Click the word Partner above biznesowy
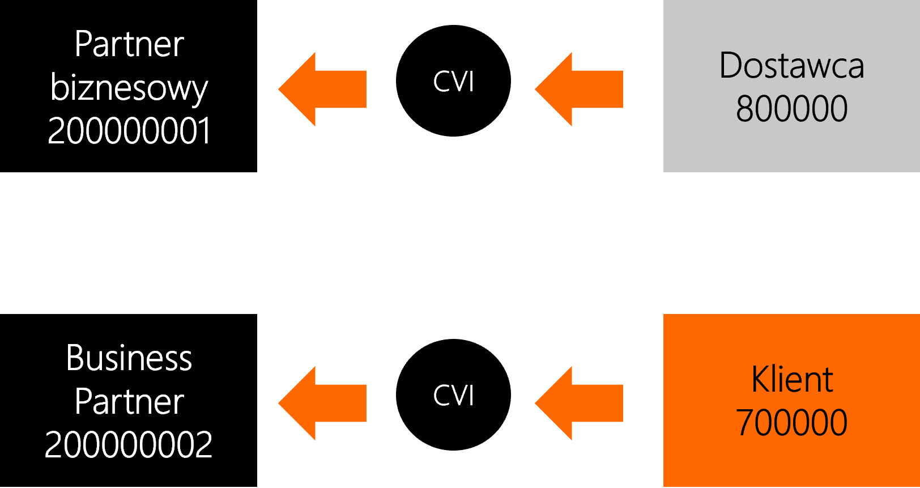tap(129, 44)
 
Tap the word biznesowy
tap(129, 88)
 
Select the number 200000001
tap(129, 130)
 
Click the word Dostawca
tap(791, 65)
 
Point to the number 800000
tap(791, 108)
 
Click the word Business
tap(129, 358)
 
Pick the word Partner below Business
tap(129, 401)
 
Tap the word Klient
tap(793, 379)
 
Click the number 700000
tap(791, 422)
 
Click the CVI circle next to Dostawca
tap(453, 80)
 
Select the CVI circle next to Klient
tap(453, 394)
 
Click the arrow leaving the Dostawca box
tap(579, 89)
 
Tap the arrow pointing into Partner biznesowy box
tap(322, 89)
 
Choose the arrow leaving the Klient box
tap(579, 403)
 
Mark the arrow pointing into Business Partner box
tap(322, 403)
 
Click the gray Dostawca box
tap(791, 86)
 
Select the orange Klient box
tap(791, 401)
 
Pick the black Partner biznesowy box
tap(129, 86)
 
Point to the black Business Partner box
tap(129, 401)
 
